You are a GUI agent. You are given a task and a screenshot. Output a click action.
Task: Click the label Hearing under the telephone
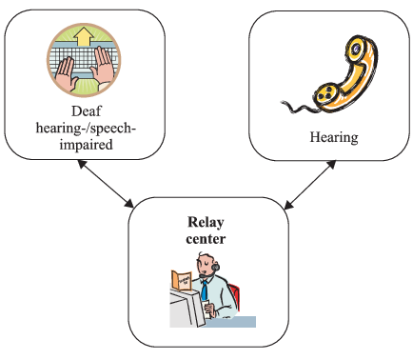pos(333,138)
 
